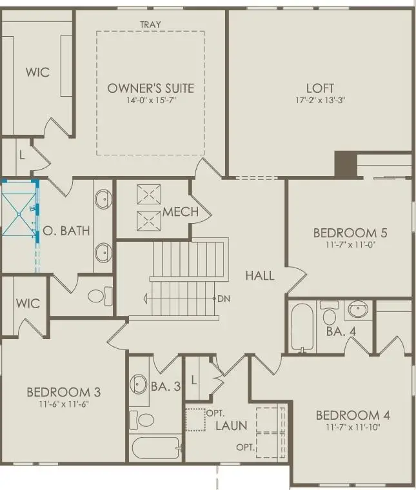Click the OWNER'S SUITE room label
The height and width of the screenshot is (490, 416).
[x=150, y=88]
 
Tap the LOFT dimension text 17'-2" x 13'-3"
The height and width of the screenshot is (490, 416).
[x=321, y=101]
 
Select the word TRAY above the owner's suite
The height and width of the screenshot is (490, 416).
[x=150, y=25]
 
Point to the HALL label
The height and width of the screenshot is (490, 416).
[x=259, y=275]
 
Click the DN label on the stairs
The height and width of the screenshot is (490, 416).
[x=224, y=299]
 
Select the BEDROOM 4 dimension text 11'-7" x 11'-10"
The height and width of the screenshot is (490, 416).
[x=352, y=427]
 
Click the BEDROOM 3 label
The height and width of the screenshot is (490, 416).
[x=63, y=392]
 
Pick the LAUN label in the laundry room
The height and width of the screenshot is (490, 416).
[x=231, y=426]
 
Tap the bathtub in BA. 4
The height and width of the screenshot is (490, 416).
[x=301, y=328]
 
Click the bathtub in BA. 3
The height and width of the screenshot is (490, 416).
[x=155, y=446]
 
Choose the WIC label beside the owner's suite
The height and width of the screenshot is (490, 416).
[x=38, y=72]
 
